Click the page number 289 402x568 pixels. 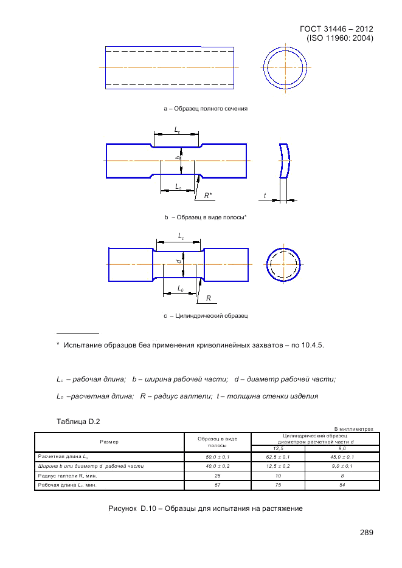[x=366, y=533]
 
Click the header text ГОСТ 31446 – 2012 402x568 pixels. [x=336, y=29]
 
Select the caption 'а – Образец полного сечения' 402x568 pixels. [x=206, y=109]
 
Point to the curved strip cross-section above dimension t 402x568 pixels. [x=285, y=161]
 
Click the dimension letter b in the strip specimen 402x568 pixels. [x=178, y=158]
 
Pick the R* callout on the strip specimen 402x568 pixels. [x=208, y=196]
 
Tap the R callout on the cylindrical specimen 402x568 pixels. [x=208, y=298]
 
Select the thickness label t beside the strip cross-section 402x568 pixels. [x=265, y=196]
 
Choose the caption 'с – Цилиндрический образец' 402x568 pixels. [x=206, y=316]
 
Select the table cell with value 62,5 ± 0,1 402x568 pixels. [x=277, y=456]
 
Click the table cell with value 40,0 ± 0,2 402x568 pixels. [x=217, y=466]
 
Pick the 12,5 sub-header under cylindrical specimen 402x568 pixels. [x=277, y=448]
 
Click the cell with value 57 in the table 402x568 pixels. [x=217, y=485]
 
